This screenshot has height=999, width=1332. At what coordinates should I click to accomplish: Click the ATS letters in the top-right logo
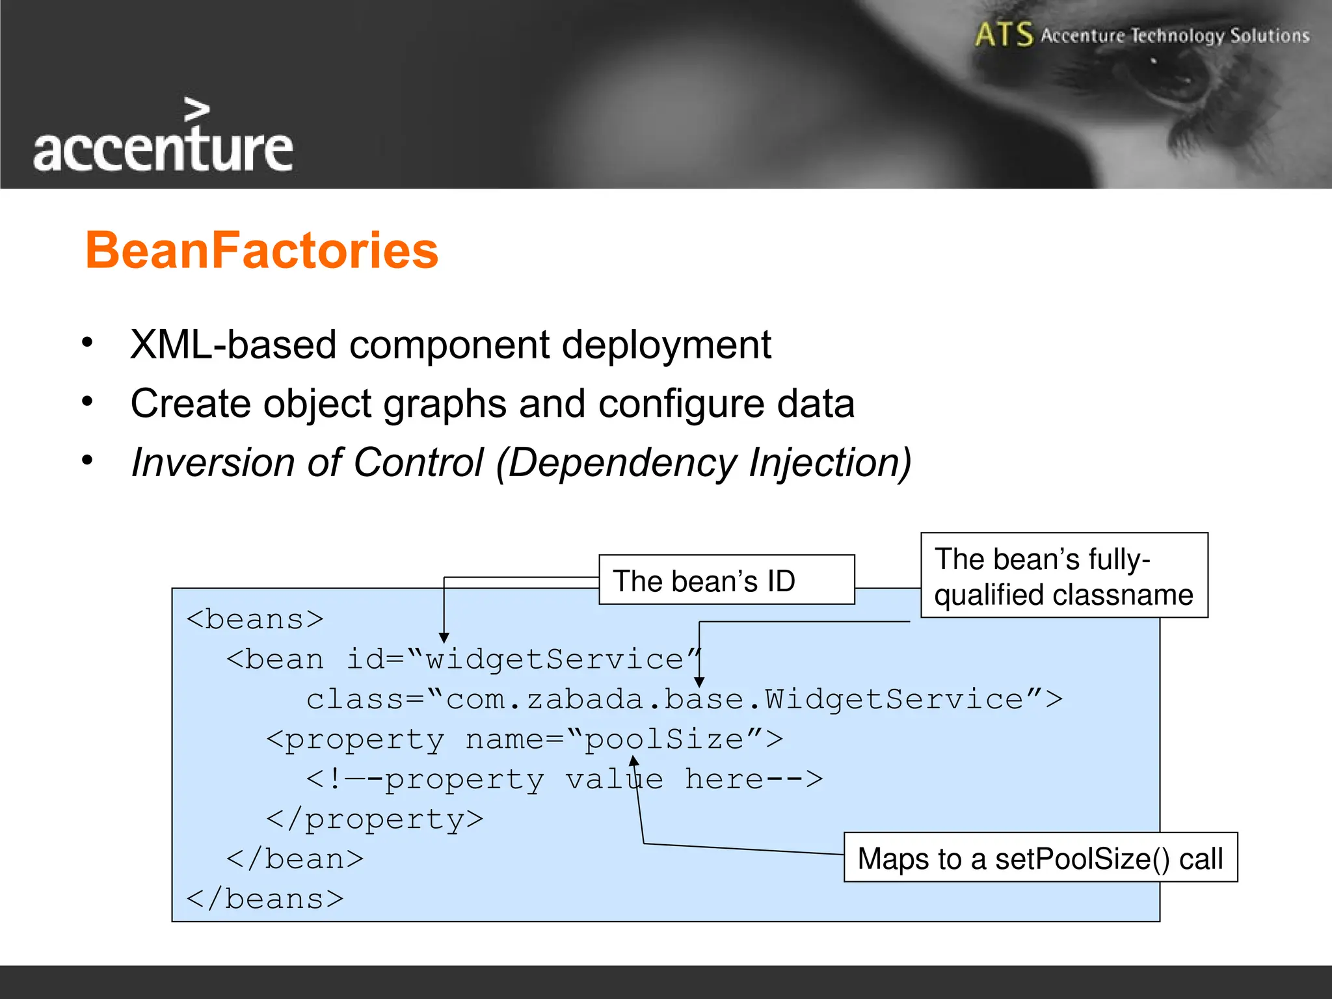coord(1004,34)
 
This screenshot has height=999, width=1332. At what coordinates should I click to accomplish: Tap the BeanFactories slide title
coord(261,250)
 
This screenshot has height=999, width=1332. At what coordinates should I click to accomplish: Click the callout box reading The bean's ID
coord(726,580)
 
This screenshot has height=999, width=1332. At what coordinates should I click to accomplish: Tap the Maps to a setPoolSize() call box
coord(1039,858)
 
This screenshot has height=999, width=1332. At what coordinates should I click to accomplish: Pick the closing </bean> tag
coord(295,859)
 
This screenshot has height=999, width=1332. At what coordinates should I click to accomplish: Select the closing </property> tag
coord(375,819)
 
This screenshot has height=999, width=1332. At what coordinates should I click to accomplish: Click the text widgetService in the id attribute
coord(554,659)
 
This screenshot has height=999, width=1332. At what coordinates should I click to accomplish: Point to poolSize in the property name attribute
coord(664,739)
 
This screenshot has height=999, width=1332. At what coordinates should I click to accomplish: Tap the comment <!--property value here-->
coord(564,779)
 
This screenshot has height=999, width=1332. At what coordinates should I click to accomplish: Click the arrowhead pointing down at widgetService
coord(444,638)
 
